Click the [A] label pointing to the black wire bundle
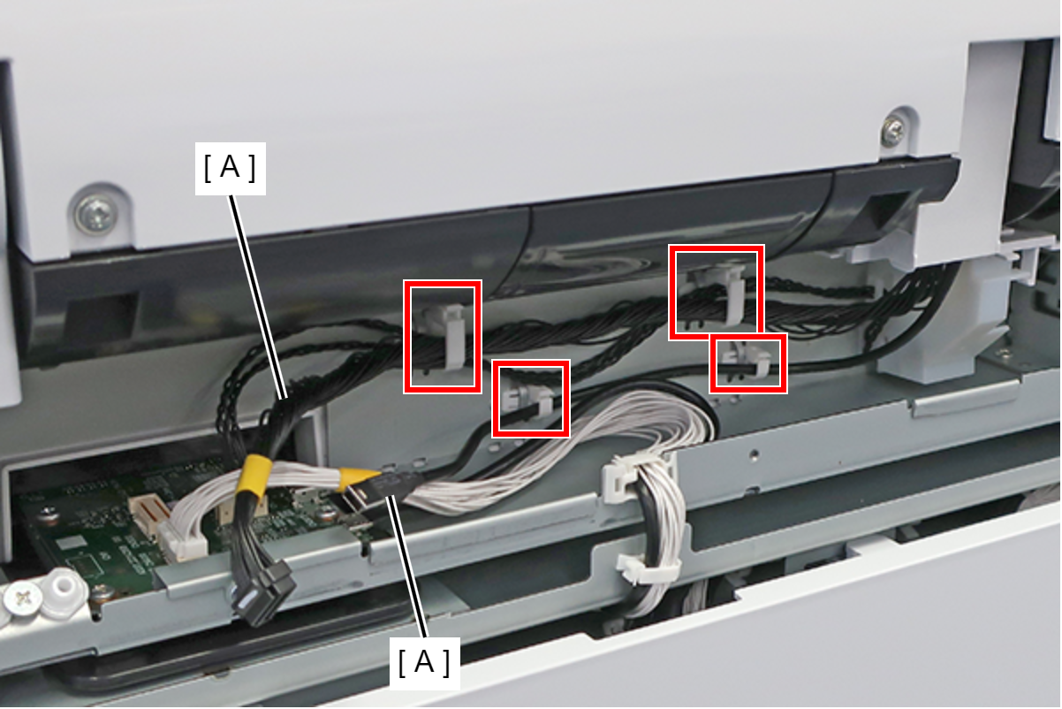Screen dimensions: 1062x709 (x=231, y=168)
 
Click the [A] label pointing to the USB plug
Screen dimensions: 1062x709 (x=424, y=663)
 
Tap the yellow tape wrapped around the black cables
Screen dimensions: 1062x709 (x=256, y=476)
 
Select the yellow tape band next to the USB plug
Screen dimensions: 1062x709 (x=357, y=479)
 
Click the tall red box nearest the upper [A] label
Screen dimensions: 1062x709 (x=443, y=337)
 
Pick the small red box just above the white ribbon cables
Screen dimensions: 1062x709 (x=530, y=399)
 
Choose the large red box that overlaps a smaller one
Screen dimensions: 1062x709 (x=716, y=292)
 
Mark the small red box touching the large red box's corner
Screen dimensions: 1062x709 (x=748, y=363)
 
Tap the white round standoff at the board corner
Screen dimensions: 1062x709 (x=62, y=593)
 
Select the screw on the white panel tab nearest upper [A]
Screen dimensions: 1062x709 (x=96, y=215)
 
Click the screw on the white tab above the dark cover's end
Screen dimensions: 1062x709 (x=894, y=133)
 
